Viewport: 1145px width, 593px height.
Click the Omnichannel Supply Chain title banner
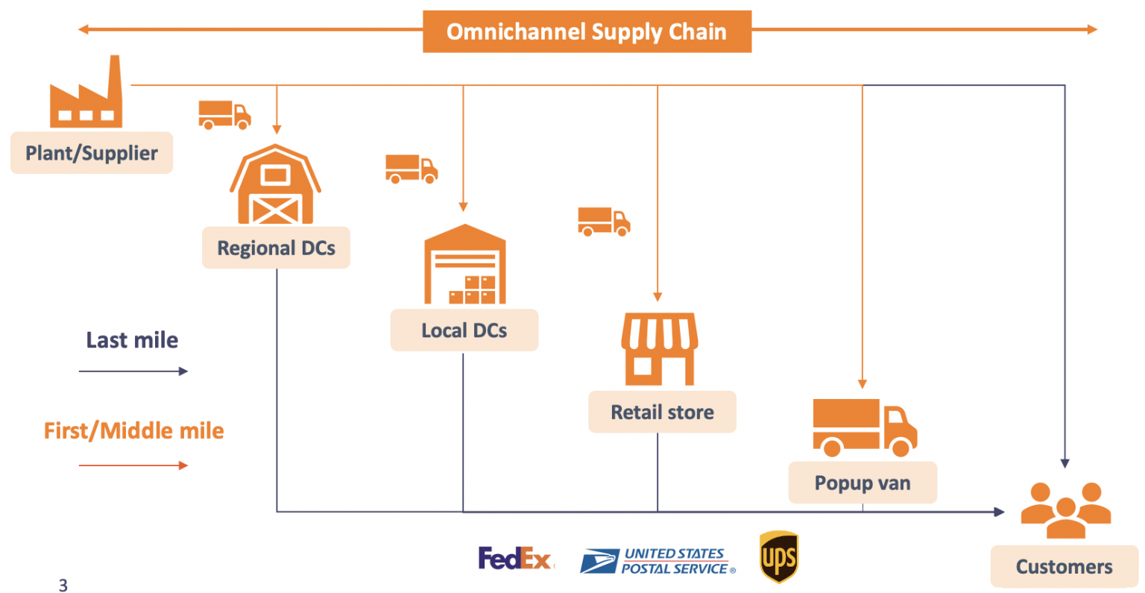587,31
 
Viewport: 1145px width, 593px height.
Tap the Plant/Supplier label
92,153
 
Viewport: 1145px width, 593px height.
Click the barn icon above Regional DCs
275,185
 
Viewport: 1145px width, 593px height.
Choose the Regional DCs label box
276,248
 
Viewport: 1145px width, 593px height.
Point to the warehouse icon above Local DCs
464,265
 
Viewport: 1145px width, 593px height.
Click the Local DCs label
464,330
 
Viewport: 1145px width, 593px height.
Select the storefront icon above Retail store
660,348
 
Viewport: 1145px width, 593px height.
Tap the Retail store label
662,412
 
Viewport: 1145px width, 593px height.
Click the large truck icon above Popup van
864,427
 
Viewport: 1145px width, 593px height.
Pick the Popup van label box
862,483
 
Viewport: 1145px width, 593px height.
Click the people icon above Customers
1065,510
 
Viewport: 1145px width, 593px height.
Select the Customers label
1064,567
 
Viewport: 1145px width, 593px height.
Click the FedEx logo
515,558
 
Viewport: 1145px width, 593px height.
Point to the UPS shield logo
779,557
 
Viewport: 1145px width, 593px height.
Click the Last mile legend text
132,340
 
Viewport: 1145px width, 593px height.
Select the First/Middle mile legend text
134,430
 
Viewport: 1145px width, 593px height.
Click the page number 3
63,586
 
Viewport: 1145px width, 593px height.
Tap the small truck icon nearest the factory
224,115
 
